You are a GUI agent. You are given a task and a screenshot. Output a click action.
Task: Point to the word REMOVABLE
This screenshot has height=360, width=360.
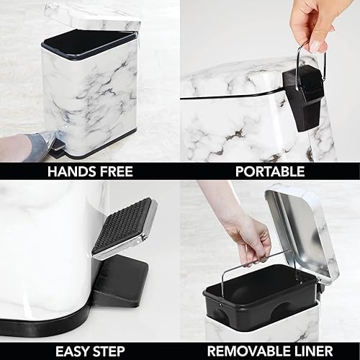tap(248, 351)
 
